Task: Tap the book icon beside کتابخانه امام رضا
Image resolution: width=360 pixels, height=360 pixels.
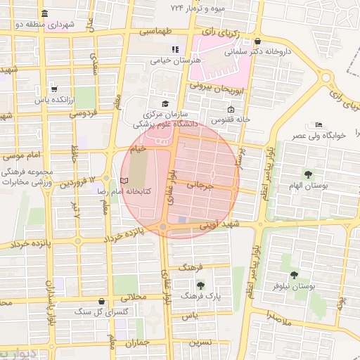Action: click(x=124, y=181)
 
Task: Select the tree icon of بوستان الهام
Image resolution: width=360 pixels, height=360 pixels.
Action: click(x=307, y=174)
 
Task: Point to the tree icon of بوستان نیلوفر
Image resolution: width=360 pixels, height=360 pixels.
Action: click(x=293, y=275)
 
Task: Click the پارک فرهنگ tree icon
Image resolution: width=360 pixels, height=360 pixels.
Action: click(x=201, y=285)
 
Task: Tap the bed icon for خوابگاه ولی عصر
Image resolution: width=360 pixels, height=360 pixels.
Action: click(x=319, y=124)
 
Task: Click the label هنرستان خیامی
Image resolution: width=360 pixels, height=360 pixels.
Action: click(x=176, y=60)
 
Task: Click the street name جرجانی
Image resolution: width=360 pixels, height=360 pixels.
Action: click(x=200, y=186)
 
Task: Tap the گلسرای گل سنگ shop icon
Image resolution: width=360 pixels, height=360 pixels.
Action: click(x=103, y=301)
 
